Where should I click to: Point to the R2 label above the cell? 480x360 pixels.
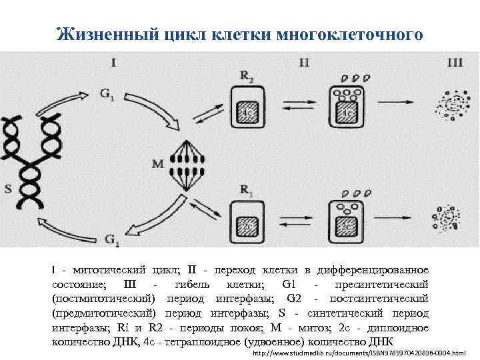247,78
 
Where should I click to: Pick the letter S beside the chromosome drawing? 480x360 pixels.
8,188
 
